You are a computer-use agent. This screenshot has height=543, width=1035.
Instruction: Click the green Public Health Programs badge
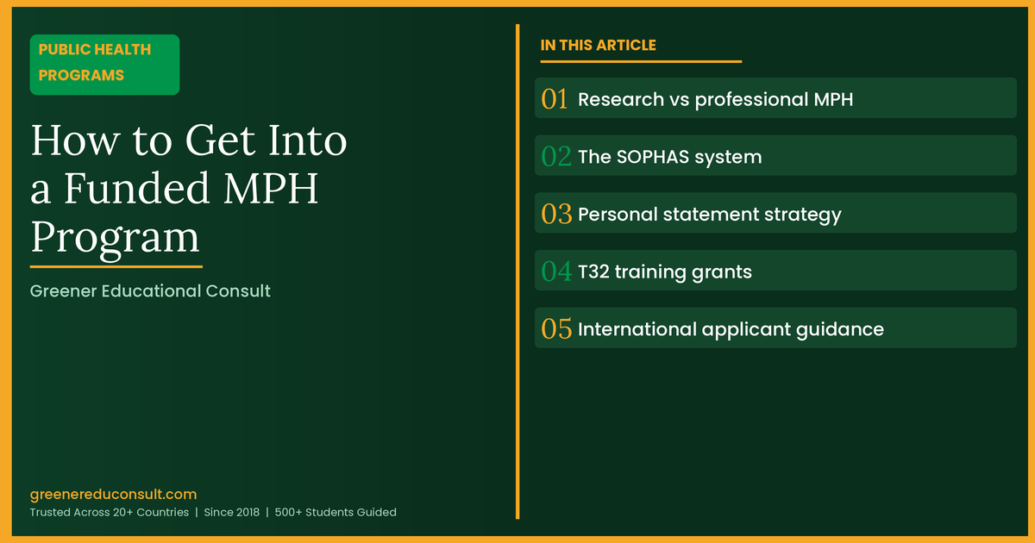pyautogui.click(x=104, y=64)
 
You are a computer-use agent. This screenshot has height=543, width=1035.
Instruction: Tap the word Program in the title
pyautogui.click(x=115, y=235)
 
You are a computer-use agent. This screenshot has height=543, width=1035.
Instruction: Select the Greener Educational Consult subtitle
pyautogui.click(x=150, y=291)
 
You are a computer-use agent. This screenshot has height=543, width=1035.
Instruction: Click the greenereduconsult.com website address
pyautogui.click(x=113, y=494)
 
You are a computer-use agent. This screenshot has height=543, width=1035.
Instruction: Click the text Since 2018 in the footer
pyautogui.click(x=231, y=512)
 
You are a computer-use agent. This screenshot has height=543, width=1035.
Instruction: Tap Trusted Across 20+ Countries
pyautogui.click(x=109, y=512)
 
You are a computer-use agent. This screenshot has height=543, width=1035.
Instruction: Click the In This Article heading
pyautogui.click(x=598, y=46)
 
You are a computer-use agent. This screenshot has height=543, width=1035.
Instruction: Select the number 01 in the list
pyautogui.click(x=555, y=99)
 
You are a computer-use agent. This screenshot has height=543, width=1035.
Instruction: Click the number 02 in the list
pyautogui.click(x=556, y=157)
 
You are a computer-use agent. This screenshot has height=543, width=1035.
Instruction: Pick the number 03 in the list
pyautogui.click(x=556, y=214)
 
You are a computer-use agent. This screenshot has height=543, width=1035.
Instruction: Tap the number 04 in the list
pyautogui.click(x=556, y=271)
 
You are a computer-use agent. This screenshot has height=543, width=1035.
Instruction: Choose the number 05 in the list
pyautogui.click(x=556, y=329)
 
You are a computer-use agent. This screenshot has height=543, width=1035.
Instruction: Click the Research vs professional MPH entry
pyautogui.click(x=715, y=99)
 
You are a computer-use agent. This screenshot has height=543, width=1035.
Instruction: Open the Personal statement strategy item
pyautogui.click(x=709, y=214)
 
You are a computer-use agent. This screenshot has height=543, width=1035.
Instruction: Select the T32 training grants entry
pyautogui.click(x=664, y=271)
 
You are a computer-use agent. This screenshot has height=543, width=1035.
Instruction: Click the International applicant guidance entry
pyautogui.click(x=731, y=329)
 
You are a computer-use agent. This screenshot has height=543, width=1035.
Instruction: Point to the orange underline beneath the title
pyautogui.click(x=116, y=267)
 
